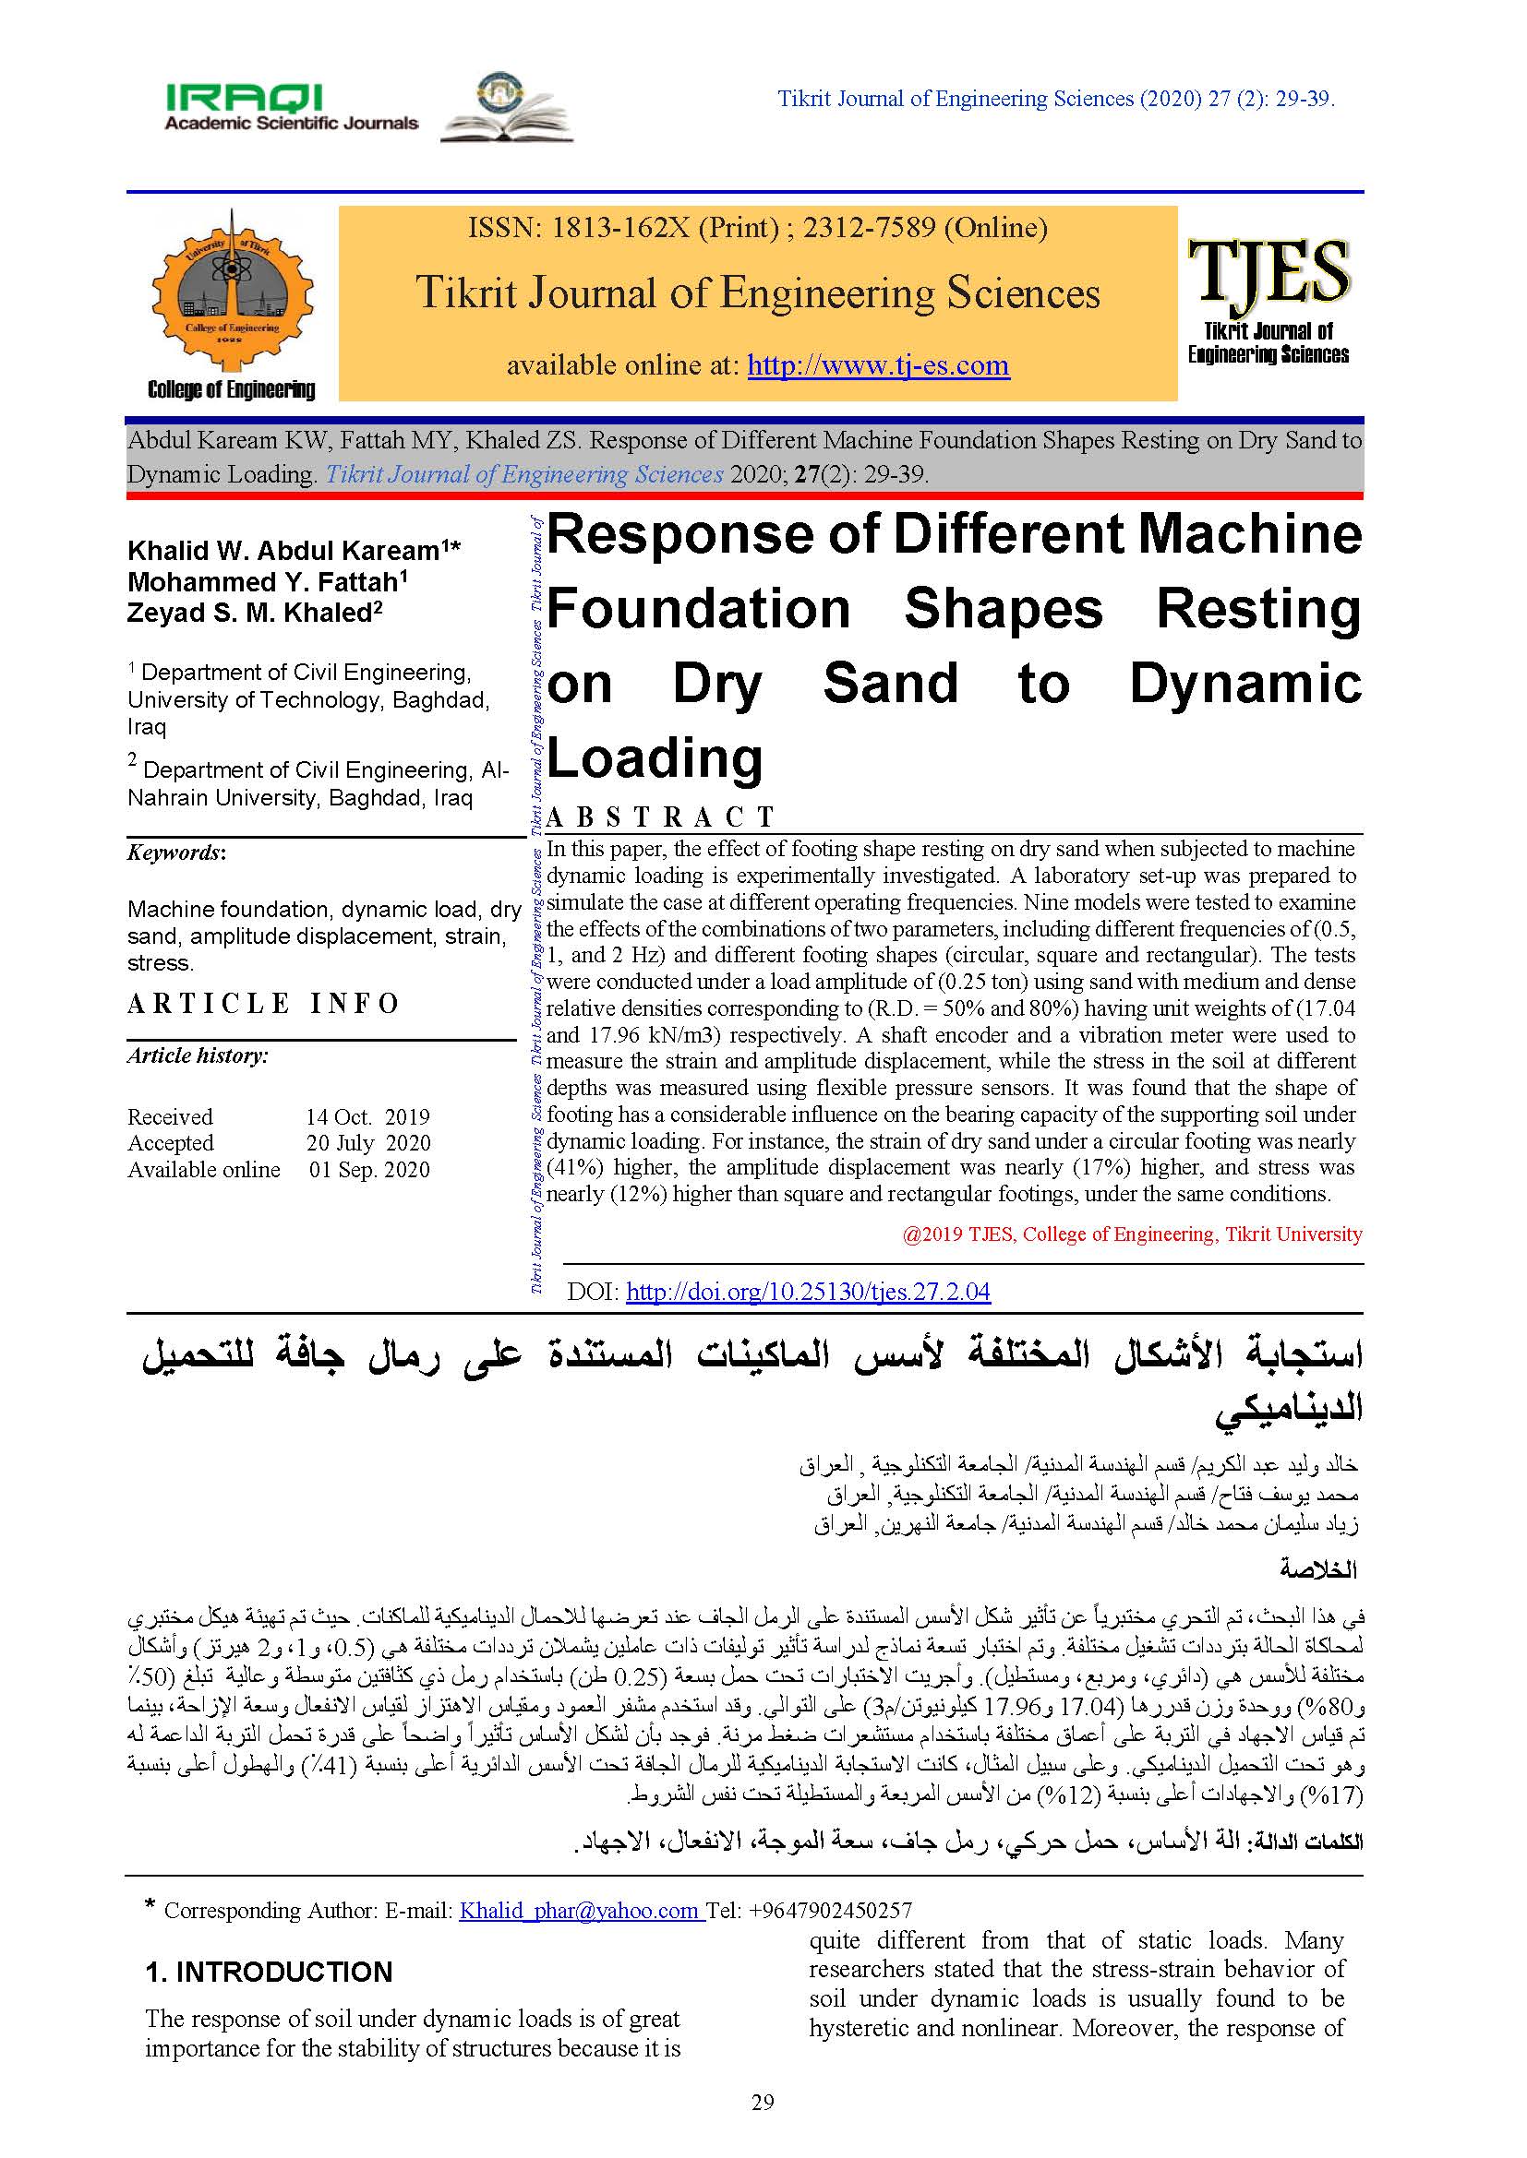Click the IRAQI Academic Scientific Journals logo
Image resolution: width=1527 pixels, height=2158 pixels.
point(291,107)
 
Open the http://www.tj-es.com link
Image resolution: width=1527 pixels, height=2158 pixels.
point(877,364)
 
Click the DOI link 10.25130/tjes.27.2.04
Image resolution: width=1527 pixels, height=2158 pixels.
point(808,1292)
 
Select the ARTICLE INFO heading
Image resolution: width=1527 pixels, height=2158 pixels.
point(264,1004)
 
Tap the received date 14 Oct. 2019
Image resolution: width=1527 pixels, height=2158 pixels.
point(367,1116)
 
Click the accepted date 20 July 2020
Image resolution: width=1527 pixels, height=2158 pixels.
point(367,1143)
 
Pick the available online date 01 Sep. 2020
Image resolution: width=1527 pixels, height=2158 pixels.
point(369,1170)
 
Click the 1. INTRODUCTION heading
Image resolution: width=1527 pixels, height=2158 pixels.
point(268,1972)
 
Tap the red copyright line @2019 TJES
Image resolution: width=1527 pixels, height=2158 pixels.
point(1131,1234)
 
